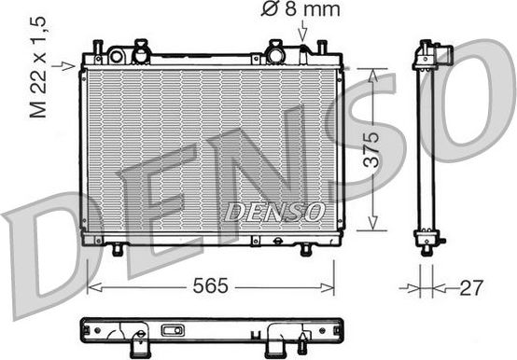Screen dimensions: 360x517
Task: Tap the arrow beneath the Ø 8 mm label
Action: (x=301, y=33)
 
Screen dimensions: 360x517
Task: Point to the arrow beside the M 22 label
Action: (x=66, y=65)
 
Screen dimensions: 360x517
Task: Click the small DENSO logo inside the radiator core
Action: (x=273, y=212)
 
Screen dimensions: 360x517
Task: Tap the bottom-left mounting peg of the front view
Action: (x=118, y=249)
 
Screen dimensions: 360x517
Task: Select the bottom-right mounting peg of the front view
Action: (x=305, y=249)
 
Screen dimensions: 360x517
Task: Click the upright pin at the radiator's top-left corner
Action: (x=97, y=47)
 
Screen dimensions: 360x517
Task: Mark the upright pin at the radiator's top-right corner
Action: (x=322, y=47)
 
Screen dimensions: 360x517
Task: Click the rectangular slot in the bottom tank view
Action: (x=173, y=330)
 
